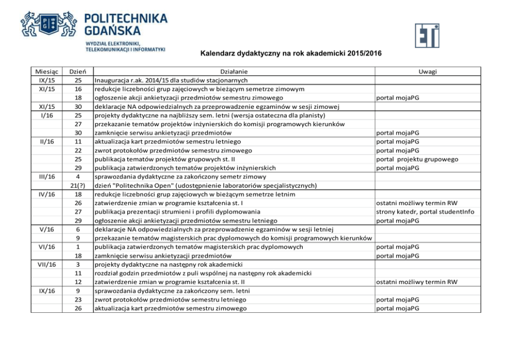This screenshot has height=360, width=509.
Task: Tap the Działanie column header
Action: click(233, 72)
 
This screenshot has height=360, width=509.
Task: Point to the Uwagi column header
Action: click(427, 72)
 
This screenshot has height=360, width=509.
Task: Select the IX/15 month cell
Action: click(47, 81)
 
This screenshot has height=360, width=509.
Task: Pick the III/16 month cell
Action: click(47, 176)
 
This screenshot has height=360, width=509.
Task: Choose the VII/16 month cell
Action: click(47, 264)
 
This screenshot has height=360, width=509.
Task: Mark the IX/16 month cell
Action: click(47, 291)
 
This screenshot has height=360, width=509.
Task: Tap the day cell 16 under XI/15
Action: click(78, 89)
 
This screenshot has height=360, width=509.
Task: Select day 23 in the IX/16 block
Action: click(78, 299)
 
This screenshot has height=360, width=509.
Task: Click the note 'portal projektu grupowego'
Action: click(417, 159)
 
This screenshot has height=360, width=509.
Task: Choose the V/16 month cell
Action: click(47, 229)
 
